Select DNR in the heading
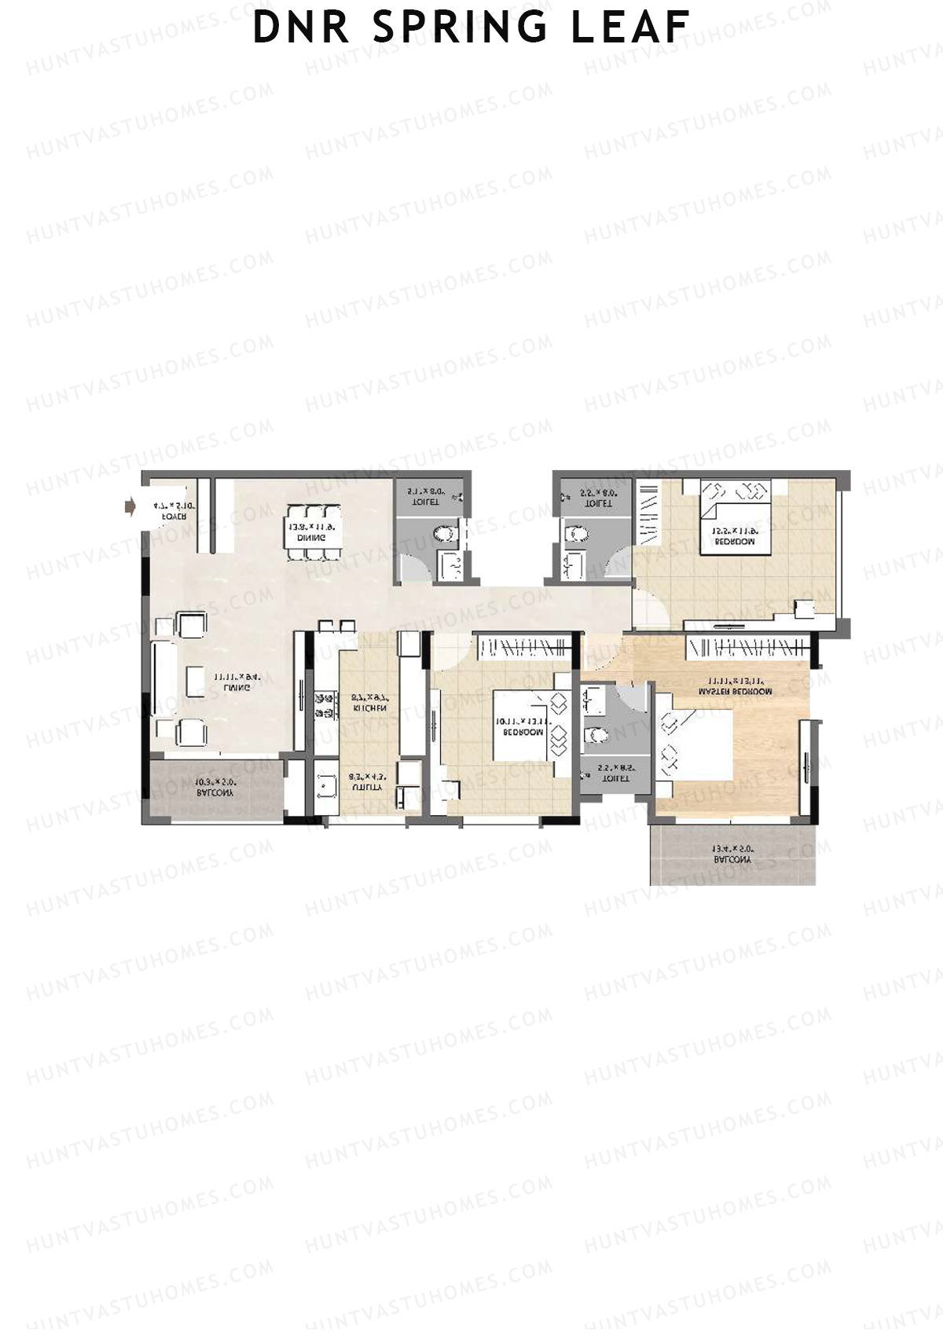pyautogui.click(x=303, y=28)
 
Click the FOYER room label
pyautogui.click(x=174, y=517)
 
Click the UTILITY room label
pyautogui.click(x=365, y=785)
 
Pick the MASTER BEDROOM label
pyautogui.click(x=735, y=692)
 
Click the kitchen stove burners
pyautogui.click(x=321, y=704)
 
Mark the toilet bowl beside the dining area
pyautogui.click(x=444, y=535)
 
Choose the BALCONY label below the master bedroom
pyautogui.click(x=732, y=860)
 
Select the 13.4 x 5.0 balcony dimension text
pyautogui.click(x=732, y=849)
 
